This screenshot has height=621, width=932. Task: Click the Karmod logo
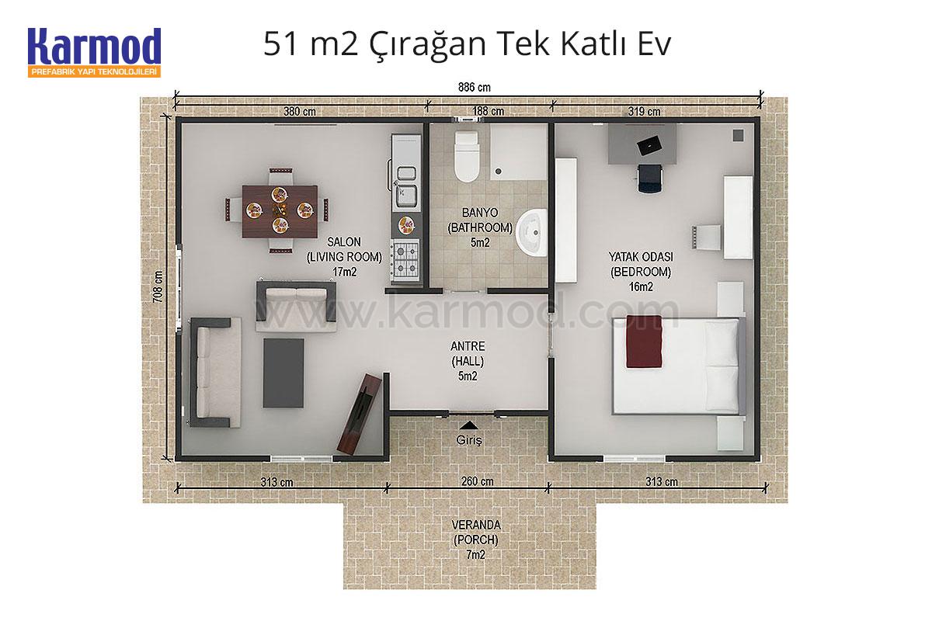(x=95, y=52)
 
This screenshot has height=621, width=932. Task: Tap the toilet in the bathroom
(x=467, y=156)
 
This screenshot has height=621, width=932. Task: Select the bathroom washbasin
(x=531, y=233)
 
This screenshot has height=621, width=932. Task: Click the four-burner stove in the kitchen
(x=405, y=259)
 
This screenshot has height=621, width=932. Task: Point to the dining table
(x=280, y=211)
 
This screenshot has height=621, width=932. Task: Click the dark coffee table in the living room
(x=283, y=373)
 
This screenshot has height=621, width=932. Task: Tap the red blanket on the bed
(x=644, y=341)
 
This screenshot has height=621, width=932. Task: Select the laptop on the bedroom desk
(x=649, y=145)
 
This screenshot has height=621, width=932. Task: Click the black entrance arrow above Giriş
(x=469, y=425)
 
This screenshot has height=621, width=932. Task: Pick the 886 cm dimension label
(x=475, y=88)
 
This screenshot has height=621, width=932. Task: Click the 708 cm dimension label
(x=158, y=287)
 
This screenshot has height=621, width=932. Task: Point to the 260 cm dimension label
(x=477, y=481)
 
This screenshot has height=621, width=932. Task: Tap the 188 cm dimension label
(x=488, y=112)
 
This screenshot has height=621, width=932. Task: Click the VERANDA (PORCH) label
(x=476, y=533)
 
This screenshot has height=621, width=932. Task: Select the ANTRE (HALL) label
(x=468, y=353)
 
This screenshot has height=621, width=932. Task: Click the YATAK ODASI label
(x=641, y=257)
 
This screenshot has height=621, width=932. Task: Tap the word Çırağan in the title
(x=428, y=45)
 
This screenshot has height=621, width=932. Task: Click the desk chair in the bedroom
(x=649, y=178)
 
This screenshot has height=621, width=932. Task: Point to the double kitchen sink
(x=406, y=186)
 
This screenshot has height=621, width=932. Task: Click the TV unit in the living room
(x=360, y=414)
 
